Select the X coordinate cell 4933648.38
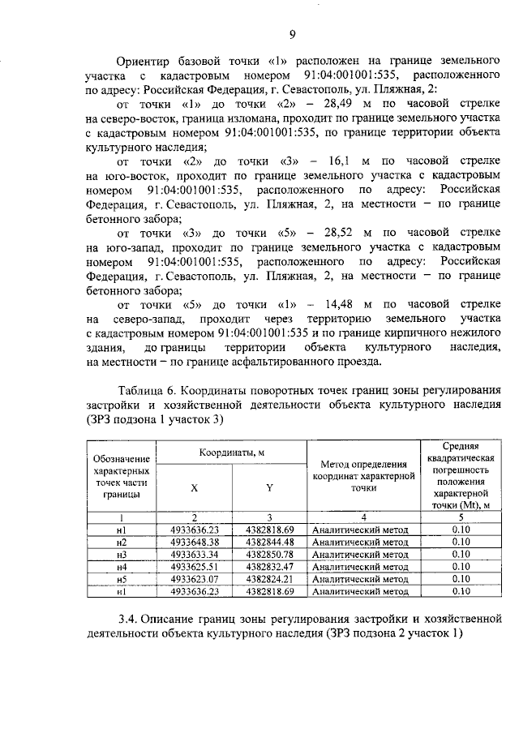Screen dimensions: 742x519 pyautogui.click(x=195, y=542)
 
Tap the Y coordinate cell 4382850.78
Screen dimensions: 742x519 pyautogui.click(x=269, y=554)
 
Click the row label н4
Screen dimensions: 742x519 pyautogui.click(x=122, y=567)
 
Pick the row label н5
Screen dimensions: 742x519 pyautogui.click(x=122, y=579)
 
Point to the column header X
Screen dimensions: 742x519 pyautogui.click(x=195, y=488)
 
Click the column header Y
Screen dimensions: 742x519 pyautogui.click(x=269, y=488)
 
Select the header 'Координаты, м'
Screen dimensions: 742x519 pyautogui.click(x=232, y=452)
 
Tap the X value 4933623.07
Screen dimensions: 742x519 pyautogui.click(x=195, y=579)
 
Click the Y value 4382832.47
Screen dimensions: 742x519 pyautogui.click(x=269, y=567)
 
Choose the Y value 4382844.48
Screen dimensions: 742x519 pyautogui.click(x=269, y=542)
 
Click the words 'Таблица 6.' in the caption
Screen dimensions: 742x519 pyautogui.click(x=146, y=384)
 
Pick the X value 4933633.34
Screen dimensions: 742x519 pyautogui.click(x=195, y=554)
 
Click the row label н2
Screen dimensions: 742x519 pyautogui.click(x=122, y=542)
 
